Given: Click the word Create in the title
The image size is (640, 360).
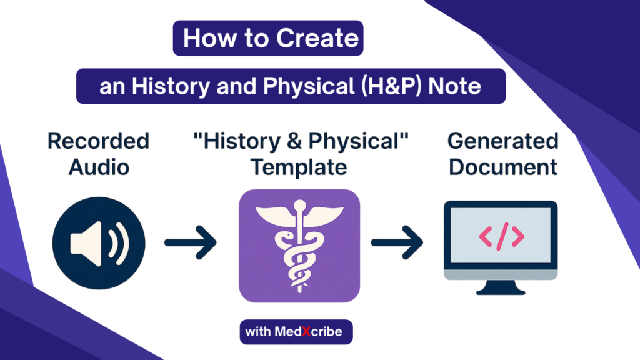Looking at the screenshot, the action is (x=317, y=38).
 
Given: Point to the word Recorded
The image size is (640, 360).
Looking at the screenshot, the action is (x=98, y=141).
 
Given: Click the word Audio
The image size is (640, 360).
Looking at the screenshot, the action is (x=99, y=167).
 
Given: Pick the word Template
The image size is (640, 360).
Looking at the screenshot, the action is (x=299, y=167).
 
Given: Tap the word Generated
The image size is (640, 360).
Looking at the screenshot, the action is (x=503, y=141).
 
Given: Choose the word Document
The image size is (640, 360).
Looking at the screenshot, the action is (x=503, y=167).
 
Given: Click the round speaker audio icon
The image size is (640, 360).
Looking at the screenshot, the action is (x=99, y=243).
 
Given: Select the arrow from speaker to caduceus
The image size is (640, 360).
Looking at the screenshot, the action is (x=190, y=242).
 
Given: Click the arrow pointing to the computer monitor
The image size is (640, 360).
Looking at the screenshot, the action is (x=397, y=242).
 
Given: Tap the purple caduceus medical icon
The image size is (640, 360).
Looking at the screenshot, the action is (x=299, y=246).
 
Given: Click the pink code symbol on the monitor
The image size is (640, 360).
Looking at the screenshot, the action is (x=502, y=236).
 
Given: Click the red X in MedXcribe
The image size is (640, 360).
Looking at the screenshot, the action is (x=306, y=332).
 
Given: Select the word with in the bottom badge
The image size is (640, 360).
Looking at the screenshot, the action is (x=258, y=331).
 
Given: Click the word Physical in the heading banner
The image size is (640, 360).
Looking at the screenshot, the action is (x=309, y=86).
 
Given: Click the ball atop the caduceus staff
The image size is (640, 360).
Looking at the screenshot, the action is (x=300, y=205).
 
